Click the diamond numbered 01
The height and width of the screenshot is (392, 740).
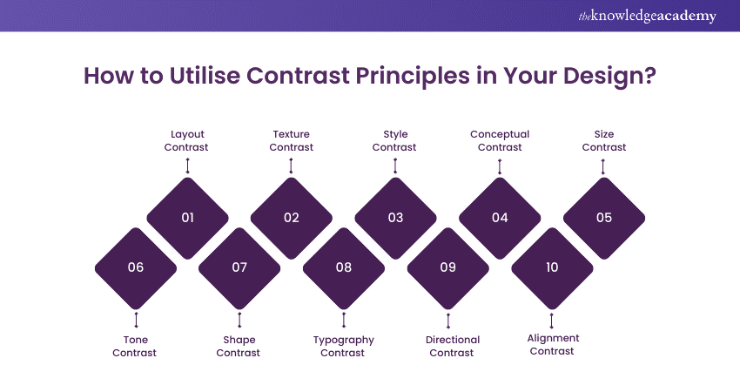coord(187,218)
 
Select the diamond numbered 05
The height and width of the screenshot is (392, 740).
coord(604,218)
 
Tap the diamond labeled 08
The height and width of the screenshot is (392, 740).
coord(344,268)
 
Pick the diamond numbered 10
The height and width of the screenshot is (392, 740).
coord(552,268)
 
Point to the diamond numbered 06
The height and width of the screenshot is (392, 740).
coord(136,268)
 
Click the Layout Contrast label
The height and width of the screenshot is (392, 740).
coord(187,141)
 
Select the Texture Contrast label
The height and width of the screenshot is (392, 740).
coord(291,141)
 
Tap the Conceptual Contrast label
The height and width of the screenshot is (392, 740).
coord(500,141)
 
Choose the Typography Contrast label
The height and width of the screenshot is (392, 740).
coord(344,346)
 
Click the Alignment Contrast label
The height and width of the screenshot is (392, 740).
coord(553,344)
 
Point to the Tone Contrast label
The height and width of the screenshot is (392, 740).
coord(135,346)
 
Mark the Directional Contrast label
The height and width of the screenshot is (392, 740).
coord(452,346)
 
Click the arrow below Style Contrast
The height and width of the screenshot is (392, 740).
coord(395,166)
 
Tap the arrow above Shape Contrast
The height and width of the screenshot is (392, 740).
coord(239,320)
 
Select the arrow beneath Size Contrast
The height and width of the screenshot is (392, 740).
coord(602,166)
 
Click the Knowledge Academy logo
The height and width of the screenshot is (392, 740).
coord(647,16)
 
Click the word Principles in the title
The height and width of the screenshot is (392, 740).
coord(413,76)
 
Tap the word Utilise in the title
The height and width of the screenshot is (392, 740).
coord(205,76)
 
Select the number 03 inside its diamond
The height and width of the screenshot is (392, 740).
coord(395,218)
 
